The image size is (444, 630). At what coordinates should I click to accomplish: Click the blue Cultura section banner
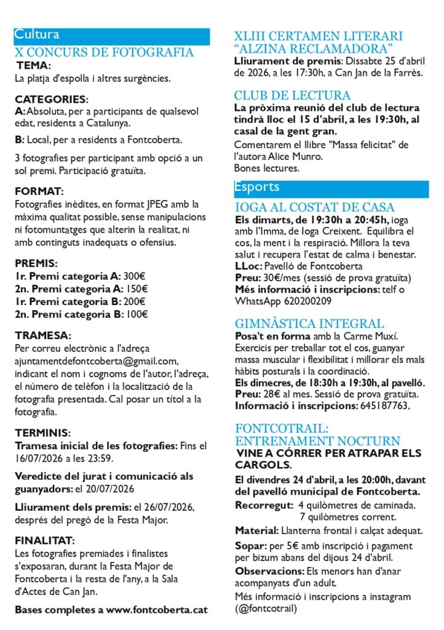click(x=111, y=36)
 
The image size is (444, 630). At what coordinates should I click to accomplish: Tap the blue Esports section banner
click(x=331, y=188)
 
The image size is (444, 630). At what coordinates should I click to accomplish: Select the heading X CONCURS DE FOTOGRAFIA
click(x=104, y=53)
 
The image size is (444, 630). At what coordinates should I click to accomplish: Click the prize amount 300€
click(x=135, y=276)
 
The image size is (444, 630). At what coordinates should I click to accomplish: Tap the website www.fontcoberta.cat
click(x=157, y=610)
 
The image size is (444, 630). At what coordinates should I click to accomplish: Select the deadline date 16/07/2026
click(x=36, y=458)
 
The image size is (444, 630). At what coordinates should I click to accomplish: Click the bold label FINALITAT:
click(x=45, y=541)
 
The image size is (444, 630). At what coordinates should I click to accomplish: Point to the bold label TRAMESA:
click(x=43, y=336)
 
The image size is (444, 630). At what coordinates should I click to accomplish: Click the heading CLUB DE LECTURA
click(x=292, y=95)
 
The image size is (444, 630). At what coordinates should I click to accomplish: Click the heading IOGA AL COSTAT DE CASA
click(x=315, y=207)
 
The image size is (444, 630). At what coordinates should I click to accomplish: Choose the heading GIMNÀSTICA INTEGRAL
click(x=309, y=324)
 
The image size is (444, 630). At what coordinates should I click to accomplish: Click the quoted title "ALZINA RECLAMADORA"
click(x=314, y=49)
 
